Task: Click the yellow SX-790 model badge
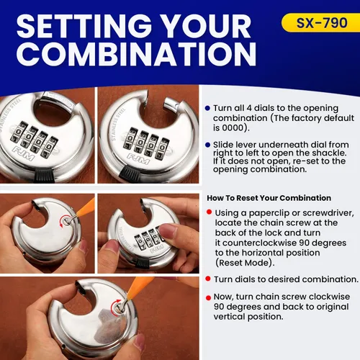pyautogui.click(x=320, y=23)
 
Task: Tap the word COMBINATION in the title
pyautogui.click(x=136, y=54)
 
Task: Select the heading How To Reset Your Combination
pyautogui.click(x=269, y=198)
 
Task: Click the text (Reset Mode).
pyautogui.click(x=245, y=263)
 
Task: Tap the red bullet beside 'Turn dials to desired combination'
pyautogui.click(x=208, y=279)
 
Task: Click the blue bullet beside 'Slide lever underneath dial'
pyautogui.click(x=208, y=145)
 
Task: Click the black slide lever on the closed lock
pyautogui.click(x=46, y=176)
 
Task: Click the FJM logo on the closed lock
pyautogui.click(x=24, y=153)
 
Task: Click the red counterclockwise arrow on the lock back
pyautogui.click(x=62, y=222)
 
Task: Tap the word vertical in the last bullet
pyautogui.click(x=229, y=317)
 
